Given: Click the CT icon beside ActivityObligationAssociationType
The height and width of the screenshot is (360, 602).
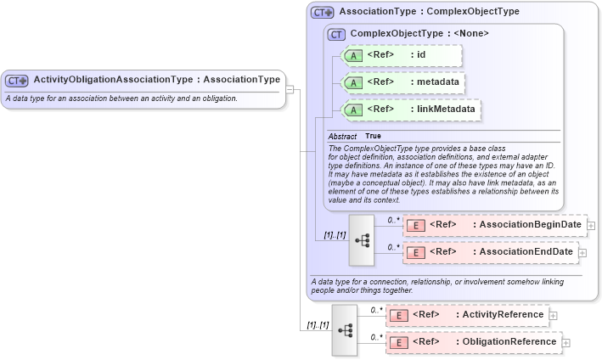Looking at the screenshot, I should [17, 80].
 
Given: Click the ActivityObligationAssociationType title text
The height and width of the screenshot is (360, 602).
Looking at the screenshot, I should [156, 80].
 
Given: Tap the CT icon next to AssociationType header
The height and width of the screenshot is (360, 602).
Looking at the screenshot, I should [323, 13].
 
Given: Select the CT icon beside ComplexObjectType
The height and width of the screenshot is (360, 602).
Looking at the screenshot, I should [337, 34].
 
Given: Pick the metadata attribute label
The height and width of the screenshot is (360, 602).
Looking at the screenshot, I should [436, 82].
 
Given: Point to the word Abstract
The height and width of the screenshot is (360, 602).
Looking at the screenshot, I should [342, 136].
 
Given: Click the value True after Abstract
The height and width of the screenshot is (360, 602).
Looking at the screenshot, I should [373, 136].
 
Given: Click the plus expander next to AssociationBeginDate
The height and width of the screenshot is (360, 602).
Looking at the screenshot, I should [591, 225].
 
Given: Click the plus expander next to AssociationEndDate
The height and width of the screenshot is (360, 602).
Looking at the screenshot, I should [582, 252].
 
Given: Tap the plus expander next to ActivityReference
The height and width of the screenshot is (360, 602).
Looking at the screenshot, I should [554, 315].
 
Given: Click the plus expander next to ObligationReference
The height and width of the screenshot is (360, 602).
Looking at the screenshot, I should [566, 342].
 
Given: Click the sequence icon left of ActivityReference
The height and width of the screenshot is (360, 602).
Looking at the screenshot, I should [346, 329].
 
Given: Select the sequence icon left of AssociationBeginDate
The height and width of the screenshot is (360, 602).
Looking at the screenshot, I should [363, 239].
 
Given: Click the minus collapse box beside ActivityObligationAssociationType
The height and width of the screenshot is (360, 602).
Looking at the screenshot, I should [290, 87].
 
